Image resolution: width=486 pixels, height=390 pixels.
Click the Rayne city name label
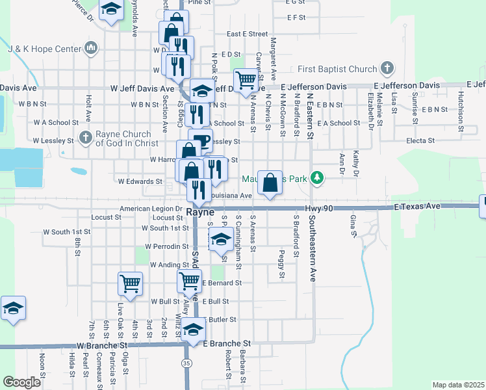(200, 212)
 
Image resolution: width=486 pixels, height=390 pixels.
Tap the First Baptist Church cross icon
(387, 69)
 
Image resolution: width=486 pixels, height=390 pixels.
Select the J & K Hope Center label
(44, 48)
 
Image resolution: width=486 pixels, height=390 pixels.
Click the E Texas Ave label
(417, 206)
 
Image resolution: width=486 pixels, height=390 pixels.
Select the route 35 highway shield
(187, 363)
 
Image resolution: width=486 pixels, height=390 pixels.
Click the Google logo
(21, 382)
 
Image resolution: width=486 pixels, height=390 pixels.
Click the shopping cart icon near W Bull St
(130, 283)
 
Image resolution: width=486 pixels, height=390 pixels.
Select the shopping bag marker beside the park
(270, 182)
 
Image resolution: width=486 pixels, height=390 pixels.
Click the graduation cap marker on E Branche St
(193, 330)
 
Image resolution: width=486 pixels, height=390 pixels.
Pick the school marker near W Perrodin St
(221, 239)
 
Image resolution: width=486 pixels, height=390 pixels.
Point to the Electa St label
(420, 140)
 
